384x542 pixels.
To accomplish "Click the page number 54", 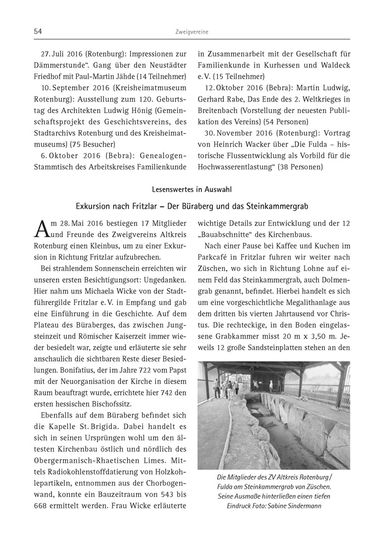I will point(38,32).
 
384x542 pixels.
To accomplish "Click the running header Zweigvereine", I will point(192,32).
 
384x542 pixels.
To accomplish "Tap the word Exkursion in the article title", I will point(99,206).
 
